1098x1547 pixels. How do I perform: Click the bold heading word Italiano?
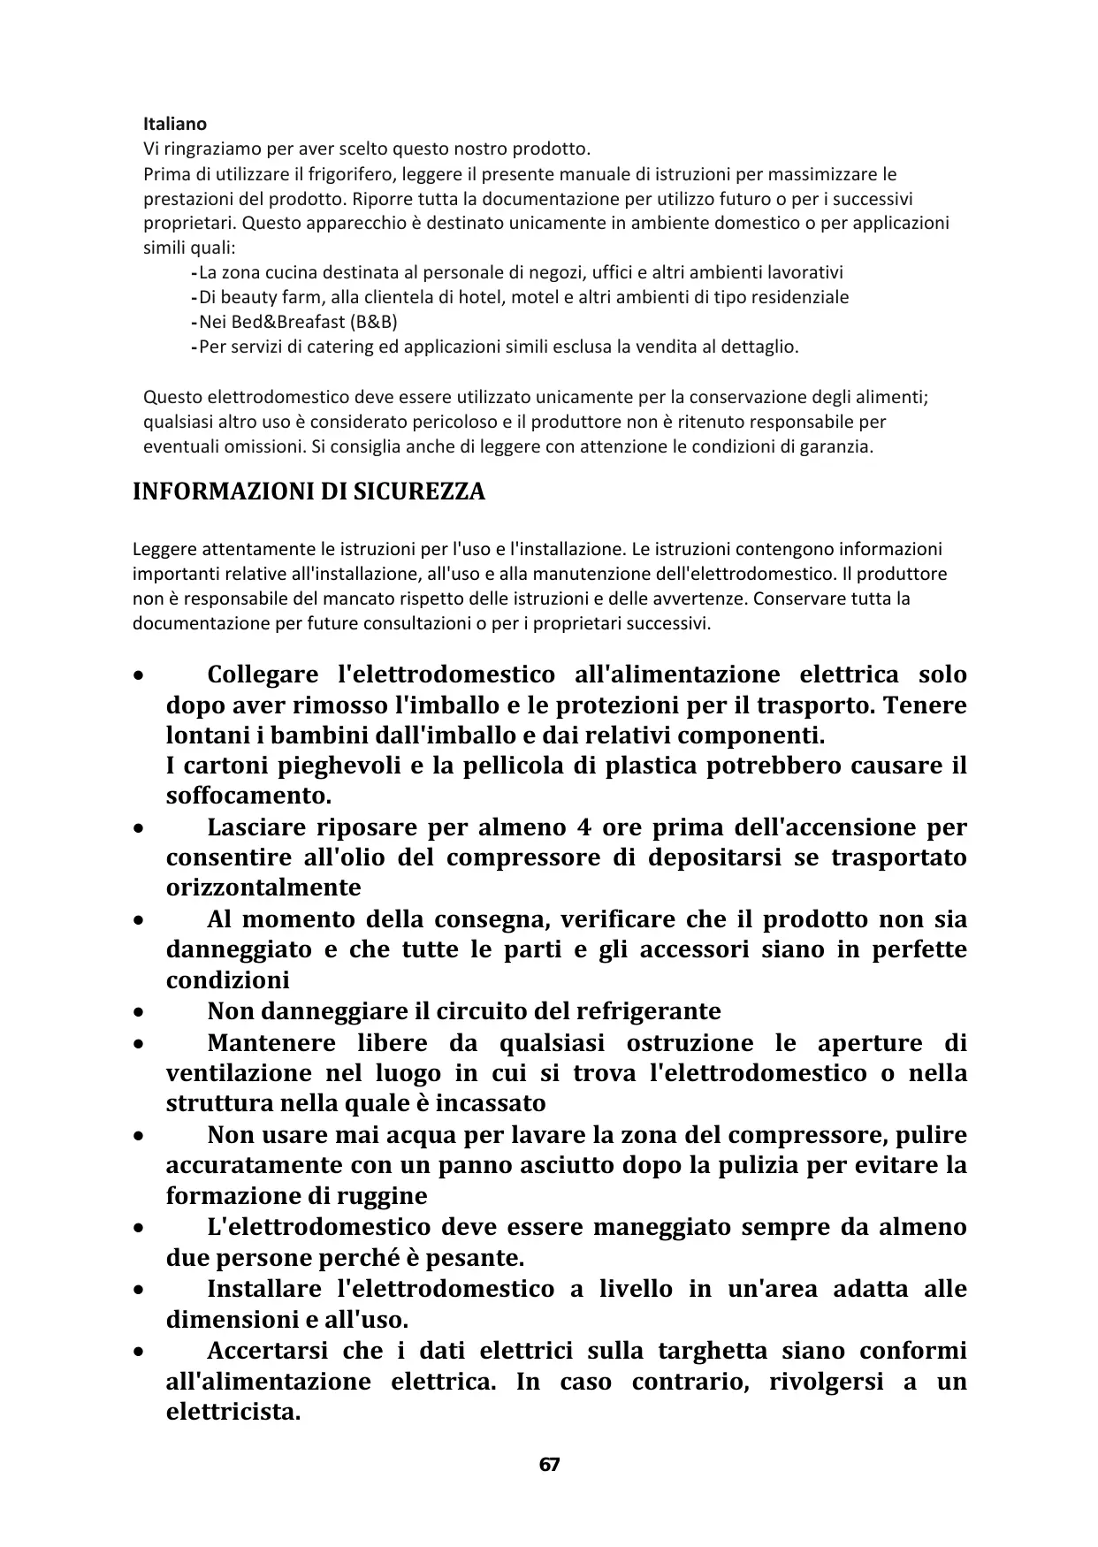tap(175, 124)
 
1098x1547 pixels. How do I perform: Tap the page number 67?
tap(549, 1465)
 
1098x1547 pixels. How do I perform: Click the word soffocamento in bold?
tap(248, 796)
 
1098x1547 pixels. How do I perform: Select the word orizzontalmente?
tap(263, 888)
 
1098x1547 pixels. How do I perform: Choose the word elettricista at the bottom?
tap(233, 1412)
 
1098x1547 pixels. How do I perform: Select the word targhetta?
tap(711, 1351)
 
